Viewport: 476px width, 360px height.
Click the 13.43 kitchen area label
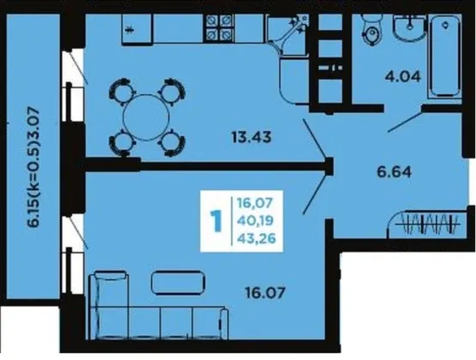pos(251,137)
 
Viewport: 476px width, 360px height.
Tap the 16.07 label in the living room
pos(265,293)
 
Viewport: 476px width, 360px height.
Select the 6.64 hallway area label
pos(394,172)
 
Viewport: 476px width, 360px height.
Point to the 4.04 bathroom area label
pos(403,76)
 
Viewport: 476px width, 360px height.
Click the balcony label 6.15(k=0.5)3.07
pos(33,167)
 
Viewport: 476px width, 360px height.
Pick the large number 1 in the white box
pos(216,221)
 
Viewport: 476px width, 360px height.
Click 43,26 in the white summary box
pos(256,238)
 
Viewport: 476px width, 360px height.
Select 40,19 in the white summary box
pos(255,220)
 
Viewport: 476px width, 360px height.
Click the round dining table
pos(146,117)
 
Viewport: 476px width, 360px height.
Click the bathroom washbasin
pos(410,27)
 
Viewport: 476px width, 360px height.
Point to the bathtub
pos(445,57)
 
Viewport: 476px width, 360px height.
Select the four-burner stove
pos(220,28)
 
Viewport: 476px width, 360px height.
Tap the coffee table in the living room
pos(178,283)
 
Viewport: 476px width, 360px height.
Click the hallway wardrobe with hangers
pos(427,223)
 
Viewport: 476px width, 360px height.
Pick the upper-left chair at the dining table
pos(122,90)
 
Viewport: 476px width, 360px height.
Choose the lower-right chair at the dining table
pos(172,143)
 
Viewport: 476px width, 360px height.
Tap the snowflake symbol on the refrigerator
pos(130,30)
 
